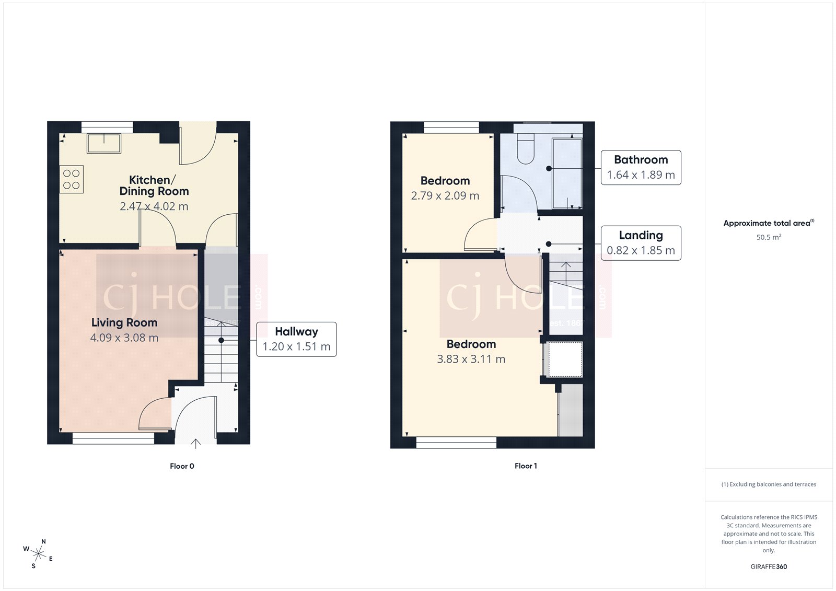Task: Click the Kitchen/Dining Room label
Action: (x=154, y=186)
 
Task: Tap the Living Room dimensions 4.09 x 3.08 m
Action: (x=124, y=338)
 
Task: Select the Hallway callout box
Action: (x=296, y=339)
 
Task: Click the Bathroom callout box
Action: (x=641, y=167)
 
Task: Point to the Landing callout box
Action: (x=641, y=243)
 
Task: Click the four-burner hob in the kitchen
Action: (x=72, y=179)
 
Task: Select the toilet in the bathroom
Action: (x=526, y=149)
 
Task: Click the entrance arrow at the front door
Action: (x=195, y=444)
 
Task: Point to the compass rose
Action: (x=39, y=553)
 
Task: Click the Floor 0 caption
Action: (x=182, y=466)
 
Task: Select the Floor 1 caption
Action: (x=526, y=466)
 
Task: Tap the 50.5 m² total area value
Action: (x=769, y=237)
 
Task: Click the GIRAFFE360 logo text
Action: (x=769, y=566)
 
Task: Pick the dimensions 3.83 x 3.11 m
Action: (x=471, y=360)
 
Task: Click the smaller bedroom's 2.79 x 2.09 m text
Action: (x=445, y=196)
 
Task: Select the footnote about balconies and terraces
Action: (x=769, y=484)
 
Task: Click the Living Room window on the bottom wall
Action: (x=113, y=439)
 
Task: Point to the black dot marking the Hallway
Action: (x=222, y=340)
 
